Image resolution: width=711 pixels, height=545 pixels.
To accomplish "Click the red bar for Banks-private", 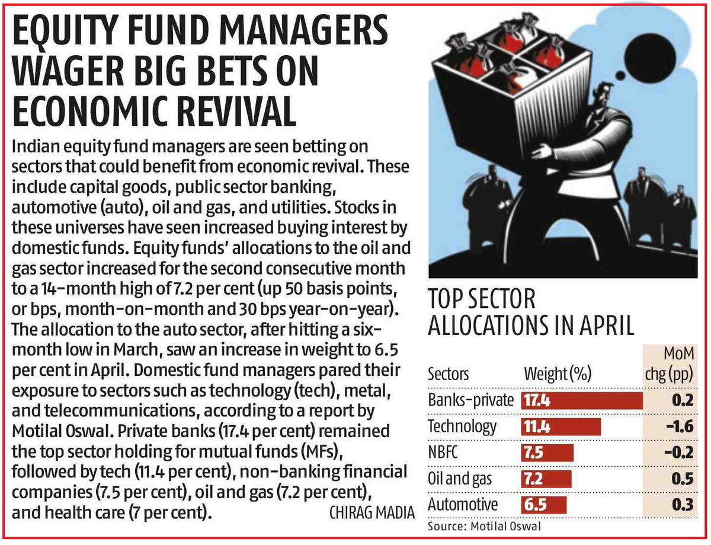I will pos(582,401).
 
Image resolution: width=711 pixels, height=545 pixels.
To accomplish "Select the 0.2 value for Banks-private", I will pos(683,401).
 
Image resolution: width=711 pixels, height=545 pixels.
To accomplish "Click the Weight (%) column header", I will pos(557,374).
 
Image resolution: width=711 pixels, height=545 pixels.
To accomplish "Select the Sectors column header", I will pos(448,374).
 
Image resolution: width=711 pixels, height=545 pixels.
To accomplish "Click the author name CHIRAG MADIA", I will pos(369,512).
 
